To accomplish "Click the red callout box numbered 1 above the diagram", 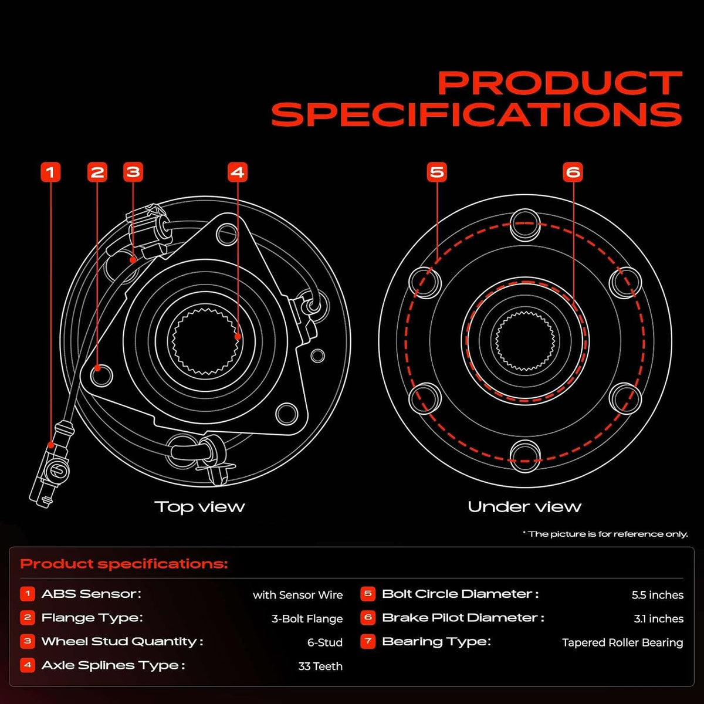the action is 50,172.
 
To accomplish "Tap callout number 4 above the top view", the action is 238,172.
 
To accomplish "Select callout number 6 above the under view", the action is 573,172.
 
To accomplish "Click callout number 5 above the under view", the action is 436,172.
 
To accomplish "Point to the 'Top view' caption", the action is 199,507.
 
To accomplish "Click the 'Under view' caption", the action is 524,507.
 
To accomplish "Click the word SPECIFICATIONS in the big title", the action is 477,114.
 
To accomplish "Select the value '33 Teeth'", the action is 320,666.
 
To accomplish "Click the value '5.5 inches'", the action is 658,595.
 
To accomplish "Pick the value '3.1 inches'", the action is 659,619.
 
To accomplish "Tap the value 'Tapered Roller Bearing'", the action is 622,642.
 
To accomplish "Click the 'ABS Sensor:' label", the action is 92,594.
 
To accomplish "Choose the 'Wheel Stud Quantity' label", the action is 122,642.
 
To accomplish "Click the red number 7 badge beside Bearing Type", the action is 368,642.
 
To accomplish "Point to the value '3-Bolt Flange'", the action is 307,619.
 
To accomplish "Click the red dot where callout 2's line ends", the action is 97,368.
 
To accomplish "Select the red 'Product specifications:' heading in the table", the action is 124,564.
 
